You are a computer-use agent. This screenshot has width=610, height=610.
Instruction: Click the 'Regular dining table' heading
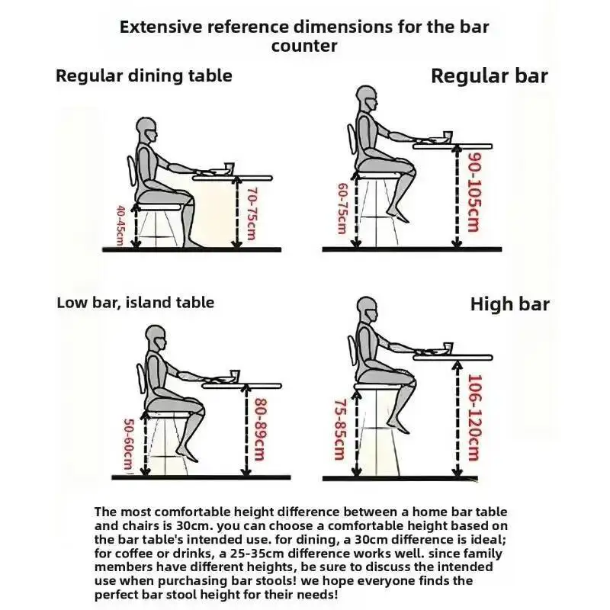click(144, 75)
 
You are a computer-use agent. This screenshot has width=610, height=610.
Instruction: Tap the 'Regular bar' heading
click(490, 75)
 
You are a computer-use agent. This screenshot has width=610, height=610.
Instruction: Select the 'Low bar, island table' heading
click(136, 303)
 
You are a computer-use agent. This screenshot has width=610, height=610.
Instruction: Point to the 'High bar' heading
click(509, 303)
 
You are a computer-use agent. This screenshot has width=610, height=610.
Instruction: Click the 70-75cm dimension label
click(252, 214)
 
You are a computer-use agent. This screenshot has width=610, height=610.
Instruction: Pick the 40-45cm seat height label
click(120, 226)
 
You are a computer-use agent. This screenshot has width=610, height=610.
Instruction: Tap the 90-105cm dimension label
click(474, 192)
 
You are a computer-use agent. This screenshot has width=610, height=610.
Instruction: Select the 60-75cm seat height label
click(342, 208)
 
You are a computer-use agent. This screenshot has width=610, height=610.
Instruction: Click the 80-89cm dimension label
click(260, 429)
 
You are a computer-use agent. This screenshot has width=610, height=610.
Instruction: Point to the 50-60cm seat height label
click(129, 445)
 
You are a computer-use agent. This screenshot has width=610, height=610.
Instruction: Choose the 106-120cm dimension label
click(474, 417)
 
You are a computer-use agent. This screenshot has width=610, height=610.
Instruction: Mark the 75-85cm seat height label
click(339, 429)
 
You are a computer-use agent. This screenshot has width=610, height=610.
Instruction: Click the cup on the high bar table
click(448, 347)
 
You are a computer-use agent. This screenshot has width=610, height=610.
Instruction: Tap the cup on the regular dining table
click(229, 167)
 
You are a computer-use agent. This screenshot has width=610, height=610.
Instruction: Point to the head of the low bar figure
click(156, 338)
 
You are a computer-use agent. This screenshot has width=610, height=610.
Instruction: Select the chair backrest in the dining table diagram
click(131, 170)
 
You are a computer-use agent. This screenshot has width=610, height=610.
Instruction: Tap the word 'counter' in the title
click(304, 47)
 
